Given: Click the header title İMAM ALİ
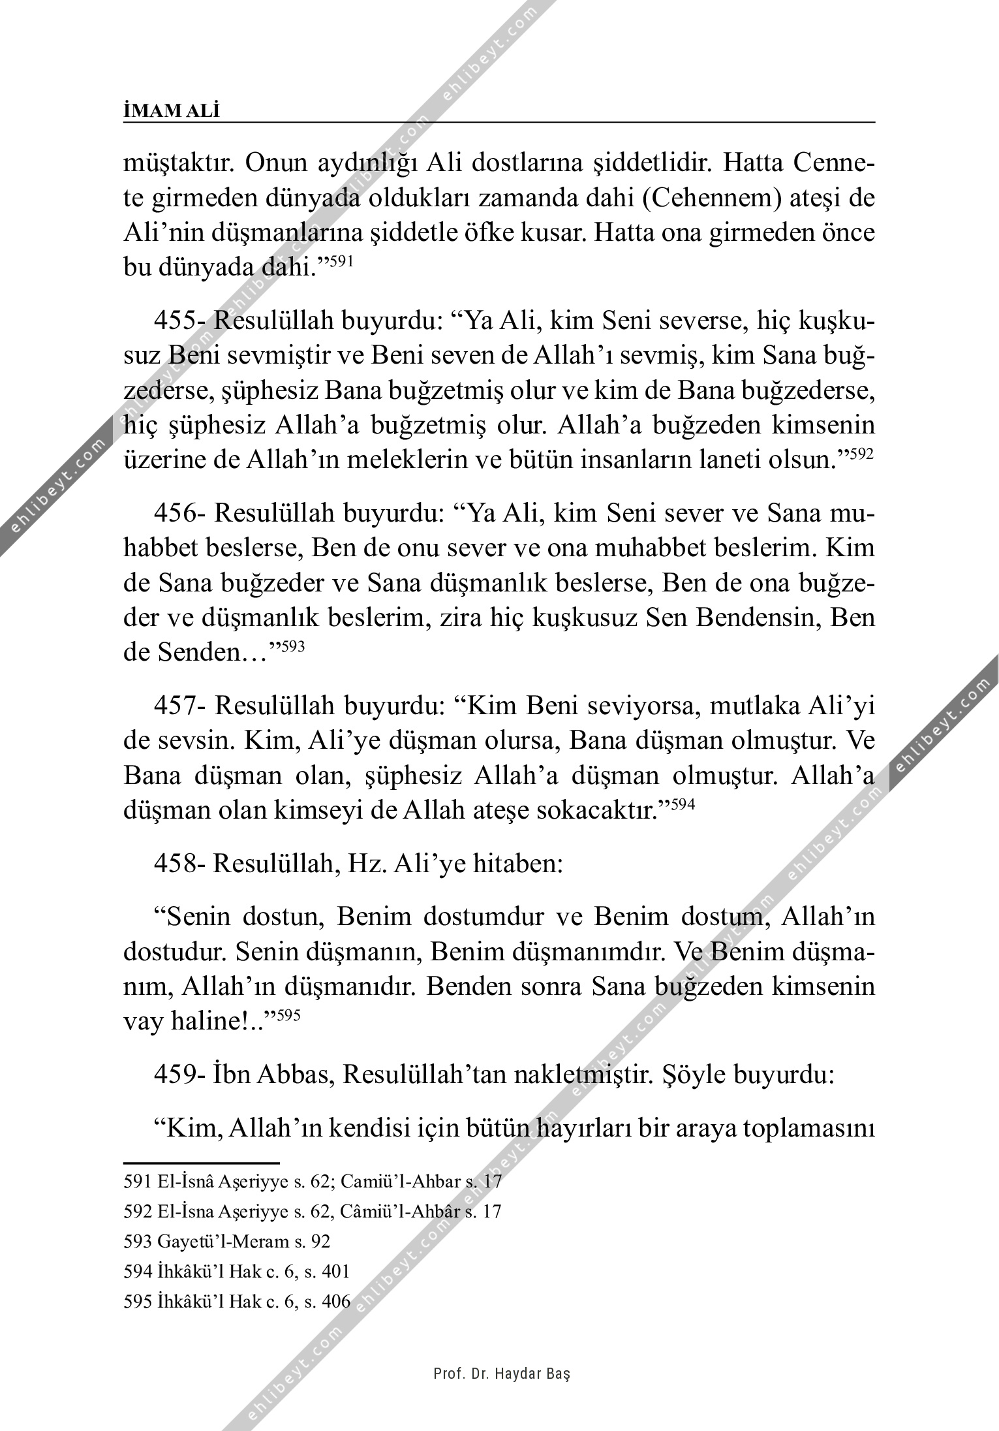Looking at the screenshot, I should click(172, 112).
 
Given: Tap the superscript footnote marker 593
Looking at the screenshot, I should click(292, 646).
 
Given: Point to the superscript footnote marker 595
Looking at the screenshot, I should click(288, 1015).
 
